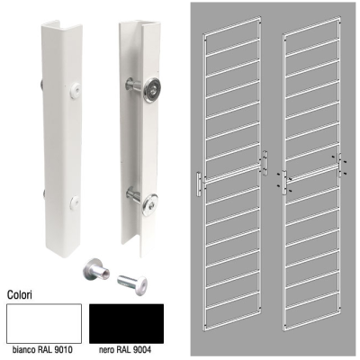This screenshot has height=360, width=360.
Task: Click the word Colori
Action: coord(20,294)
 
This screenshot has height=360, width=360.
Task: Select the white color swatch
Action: coord(44,323)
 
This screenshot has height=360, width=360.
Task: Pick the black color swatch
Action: coord(126,323)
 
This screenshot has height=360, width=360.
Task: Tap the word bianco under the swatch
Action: coord(24,350)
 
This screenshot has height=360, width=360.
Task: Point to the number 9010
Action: coord(62,350)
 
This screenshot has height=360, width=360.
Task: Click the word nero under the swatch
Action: coord(106,350)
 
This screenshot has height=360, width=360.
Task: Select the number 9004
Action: coord(141,350)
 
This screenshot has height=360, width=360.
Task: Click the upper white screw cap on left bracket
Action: coord(76,90)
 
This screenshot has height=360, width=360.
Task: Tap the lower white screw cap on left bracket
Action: coord(75,202)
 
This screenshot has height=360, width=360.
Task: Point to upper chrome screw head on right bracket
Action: coord(152,90)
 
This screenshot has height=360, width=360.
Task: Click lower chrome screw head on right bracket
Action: coord(149,204)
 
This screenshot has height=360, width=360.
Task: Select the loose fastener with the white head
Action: coord(133,283)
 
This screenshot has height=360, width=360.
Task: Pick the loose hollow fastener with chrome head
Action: coord(96,268)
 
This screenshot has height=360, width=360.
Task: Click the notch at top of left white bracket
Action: coord(55,25)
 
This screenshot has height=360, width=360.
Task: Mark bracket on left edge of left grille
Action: coord(199,184)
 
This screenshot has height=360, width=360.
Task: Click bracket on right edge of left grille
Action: coord(265,163)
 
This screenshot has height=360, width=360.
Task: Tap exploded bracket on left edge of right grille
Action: coord(284,183)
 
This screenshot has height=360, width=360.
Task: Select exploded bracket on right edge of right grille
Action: coord(340,166)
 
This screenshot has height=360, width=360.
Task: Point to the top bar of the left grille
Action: coord(232,26)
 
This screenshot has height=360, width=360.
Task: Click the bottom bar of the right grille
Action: coord(312,319)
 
